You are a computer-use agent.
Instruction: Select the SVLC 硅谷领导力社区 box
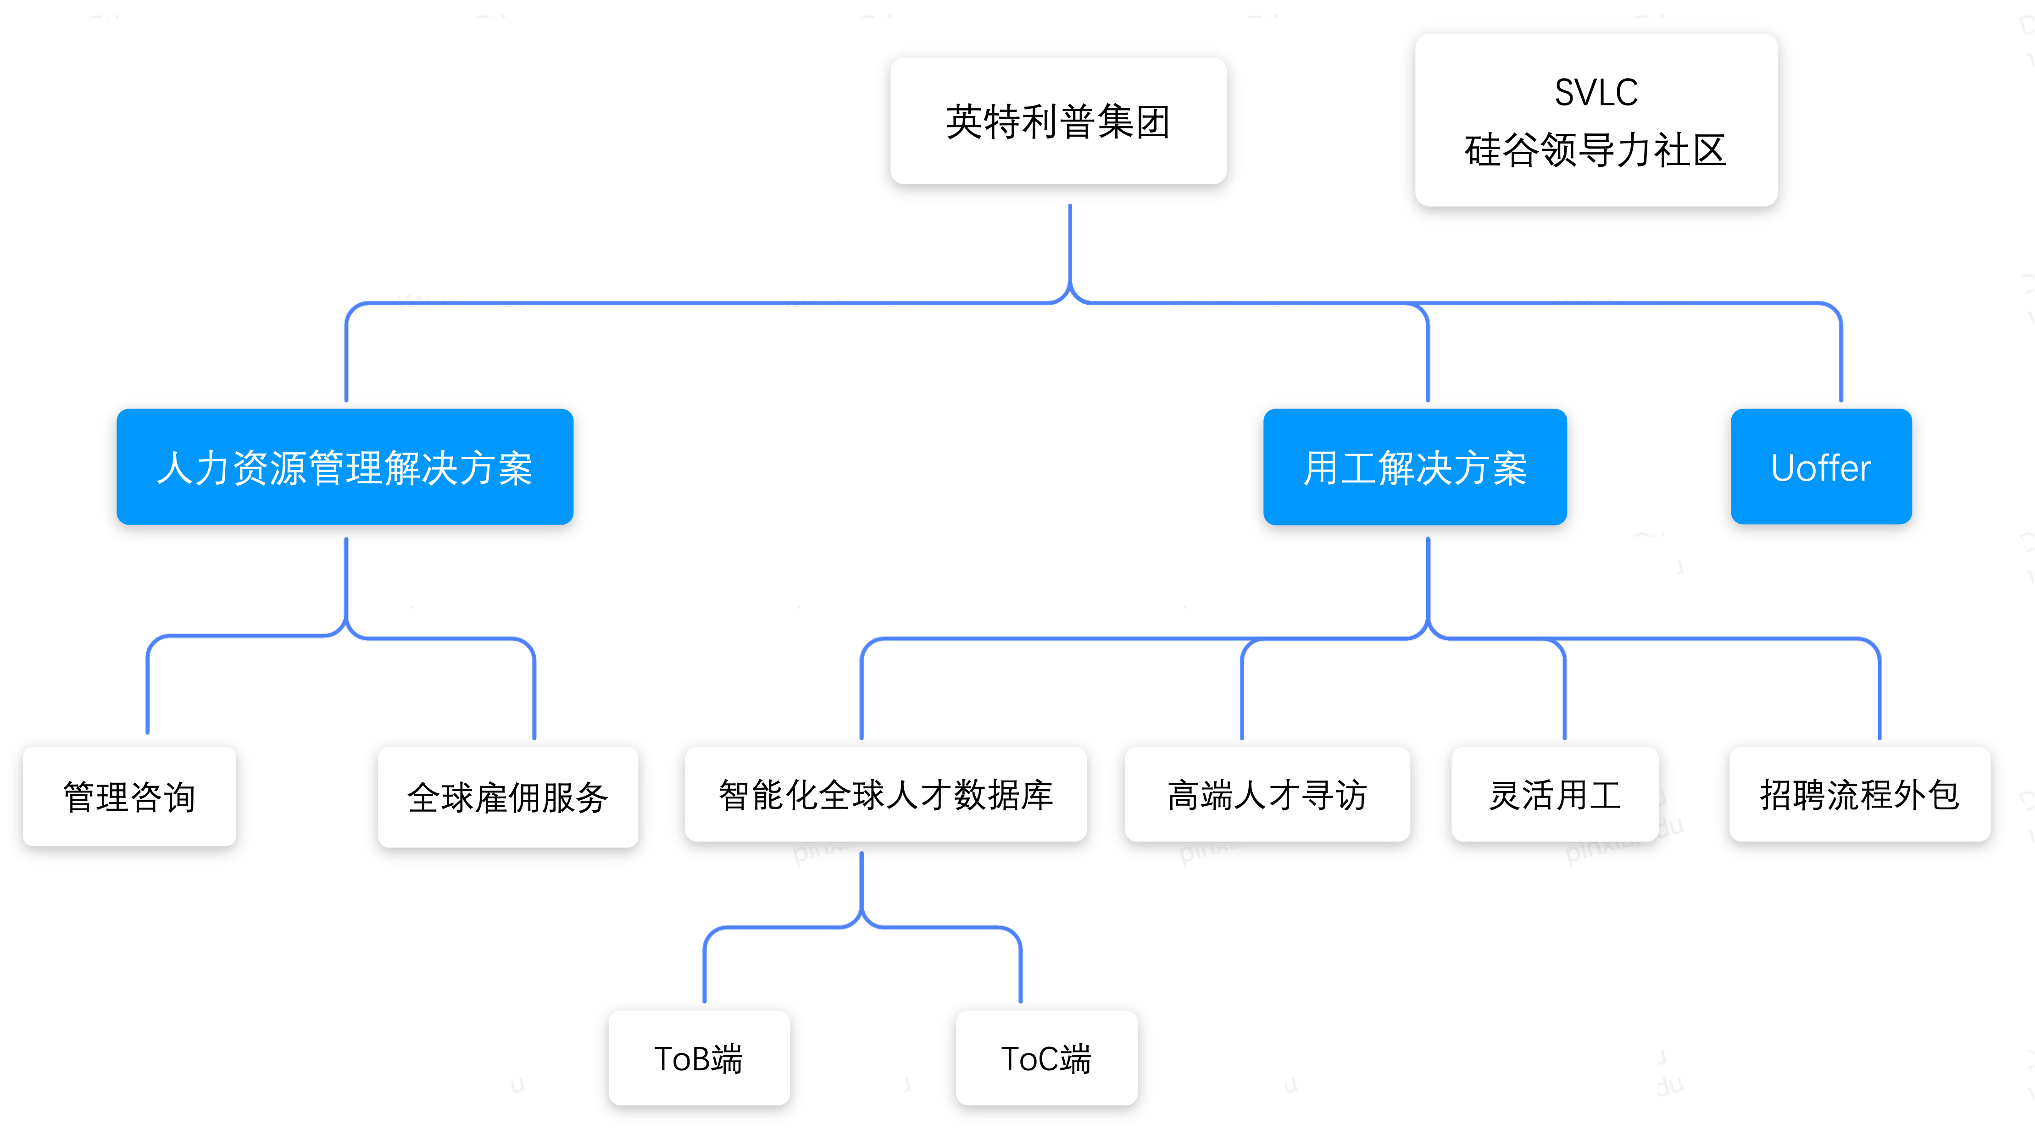coord(1596,120)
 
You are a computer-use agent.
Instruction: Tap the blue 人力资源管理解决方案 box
coord(345,467)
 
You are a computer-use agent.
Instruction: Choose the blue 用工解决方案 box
coord(1415,467)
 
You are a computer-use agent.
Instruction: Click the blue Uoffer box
coord(1821,467)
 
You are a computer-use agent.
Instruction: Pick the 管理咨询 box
coord(129,796)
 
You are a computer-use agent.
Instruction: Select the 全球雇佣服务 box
coord(508,797)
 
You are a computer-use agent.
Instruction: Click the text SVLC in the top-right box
coord(1596,93)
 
